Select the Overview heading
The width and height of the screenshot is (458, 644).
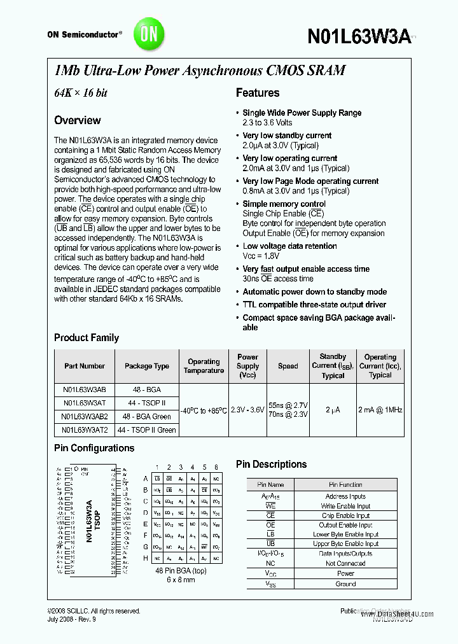[77, 120]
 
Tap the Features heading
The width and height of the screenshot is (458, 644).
[257, 93]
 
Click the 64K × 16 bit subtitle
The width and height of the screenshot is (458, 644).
[80, 93]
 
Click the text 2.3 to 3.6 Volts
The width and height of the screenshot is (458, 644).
[267, 122]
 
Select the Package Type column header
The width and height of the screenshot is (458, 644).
[147, 366]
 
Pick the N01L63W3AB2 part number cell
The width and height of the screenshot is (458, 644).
[85, 416]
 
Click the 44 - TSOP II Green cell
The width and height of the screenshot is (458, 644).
[147, 430]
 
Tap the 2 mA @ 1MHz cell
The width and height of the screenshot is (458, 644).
[380, 410]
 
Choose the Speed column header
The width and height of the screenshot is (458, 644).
[288, 366]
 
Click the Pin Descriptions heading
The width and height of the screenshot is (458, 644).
[271, 465]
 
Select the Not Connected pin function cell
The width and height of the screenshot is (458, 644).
[345, 564]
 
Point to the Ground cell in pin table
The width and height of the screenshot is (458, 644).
[345, 584]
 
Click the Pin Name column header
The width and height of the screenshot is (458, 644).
[270, 485]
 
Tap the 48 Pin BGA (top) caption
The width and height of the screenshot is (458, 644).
[181, 571]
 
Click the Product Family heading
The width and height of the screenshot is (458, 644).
[87, 338]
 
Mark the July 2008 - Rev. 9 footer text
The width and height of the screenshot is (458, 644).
[72, 619]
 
